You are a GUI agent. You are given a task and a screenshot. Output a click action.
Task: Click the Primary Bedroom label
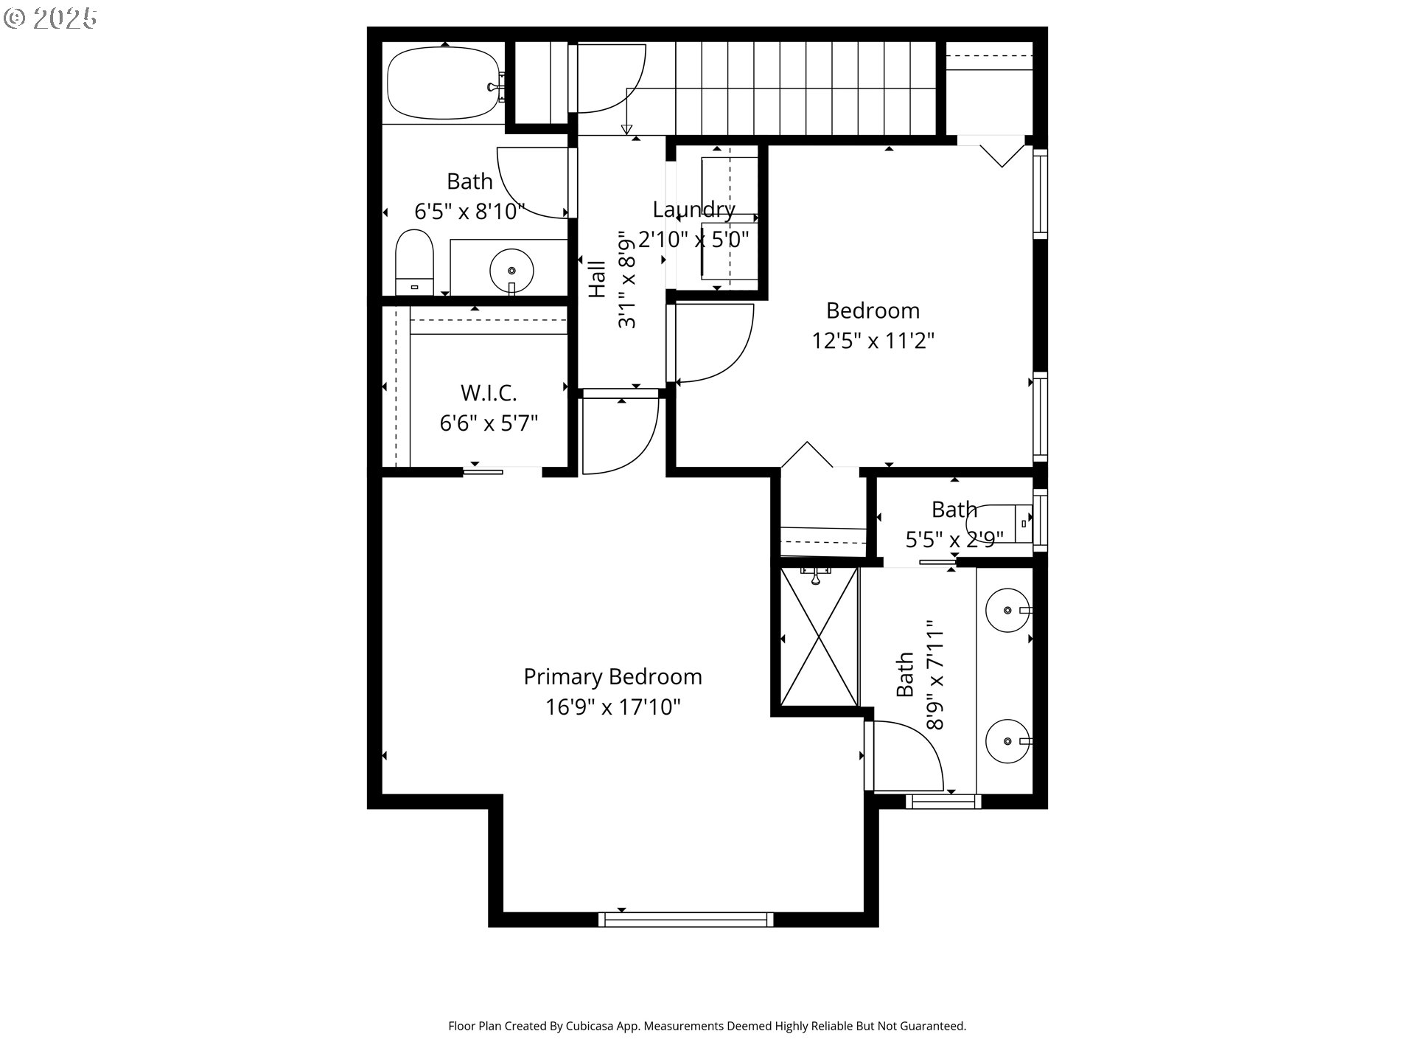pyautogui.click(x=612, y=677)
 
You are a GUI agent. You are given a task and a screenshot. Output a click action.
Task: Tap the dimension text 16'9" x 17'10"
pyautogui.click(x=612, y=708)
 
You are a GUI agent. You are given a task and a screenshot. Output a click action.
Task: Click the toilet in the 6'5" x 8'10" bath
pyautogui.click(x=413, y=262)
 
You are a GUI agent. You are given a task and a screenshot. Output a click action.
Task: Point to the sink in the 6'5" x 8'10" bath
pyautogui.click(x=511, y=270)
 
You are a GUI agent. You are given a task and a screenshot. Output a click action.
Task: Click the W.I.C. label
pyautogui.click(x=489, y=393)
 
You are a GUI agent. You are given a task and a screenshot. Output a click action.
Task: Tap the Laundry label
pyautogui.click(x=693, y=210)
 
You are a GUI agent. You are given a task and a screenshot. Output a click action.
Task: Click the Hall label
pyautogui.click(x=597, y=279)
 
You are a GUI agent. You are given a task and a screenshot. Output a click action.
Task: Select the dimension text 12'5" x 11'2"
pyautogui.click(x=873, y=341)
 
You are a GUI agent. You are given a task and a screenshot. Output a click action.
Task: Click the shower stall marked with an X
pyautogui.click(x=819, y=638)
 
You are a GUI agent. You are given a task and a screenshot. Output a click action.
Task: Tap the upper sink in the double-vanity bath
pyautogui.click(x=1007, y=611)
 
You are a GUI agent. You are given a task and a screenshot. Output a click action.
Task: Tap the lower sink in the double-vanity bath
pyautogui.click(x=1007, y=741)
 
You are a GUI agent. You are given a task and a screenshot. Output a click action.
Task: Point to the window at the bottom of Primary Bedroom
pyautogui.click(x=685, y=920)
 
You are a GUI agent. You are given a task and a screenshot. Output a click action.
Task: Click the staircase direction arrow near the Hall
pyautogui.click(x=627, y=130)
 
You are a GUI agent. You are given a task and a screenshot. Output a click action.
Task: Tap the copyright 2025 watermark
pyautogui.click(x=50, y=18)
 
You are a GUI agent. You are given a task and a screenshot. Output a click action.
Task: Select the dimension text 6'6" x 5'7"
pyautogui.click(x=489, y=424)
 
